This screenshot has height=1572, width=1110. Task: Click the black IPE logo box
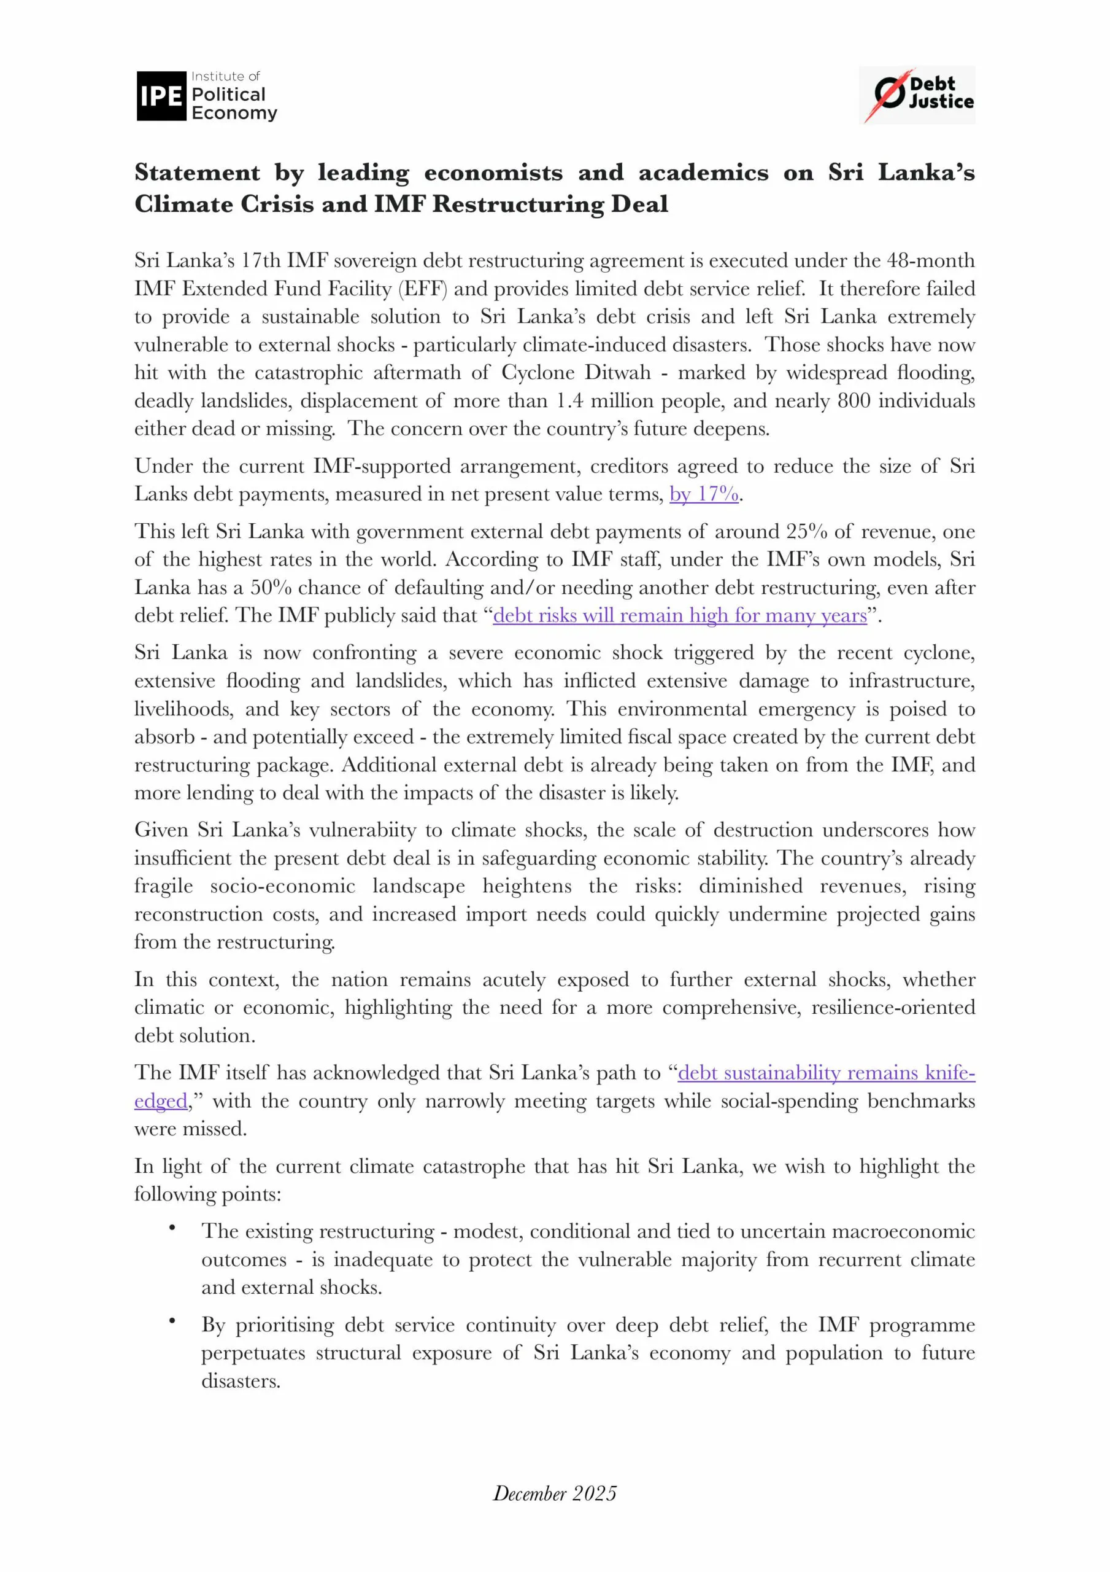161,96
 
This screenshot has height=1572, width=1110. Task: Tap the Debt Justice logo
916,95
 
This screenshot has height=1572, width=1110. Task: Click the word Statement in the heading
197,173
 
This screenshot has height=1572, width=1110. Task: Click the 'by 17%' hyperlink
704,494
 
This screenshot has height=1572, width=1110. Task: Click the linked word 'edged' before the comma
160,1101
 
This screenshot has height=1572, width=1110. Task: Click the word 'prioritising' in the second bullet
285,1326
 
